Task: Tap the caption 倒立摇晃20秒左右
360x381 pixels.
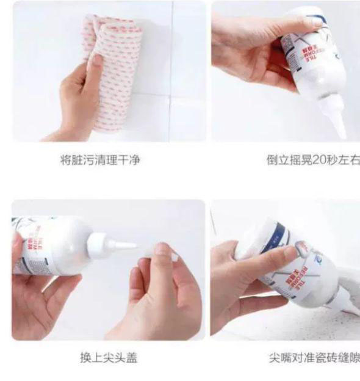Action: [312, 161]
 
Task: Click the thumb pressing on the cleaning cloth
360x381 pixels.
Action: [96, 62]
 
